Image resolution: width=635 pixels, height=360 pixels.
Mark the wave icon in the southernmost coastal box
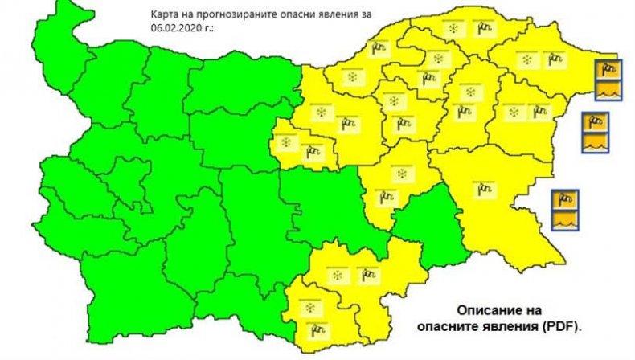coord(565,219)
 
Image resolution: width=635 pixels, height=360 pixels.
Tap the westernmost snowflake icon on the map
coord(285,142)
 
